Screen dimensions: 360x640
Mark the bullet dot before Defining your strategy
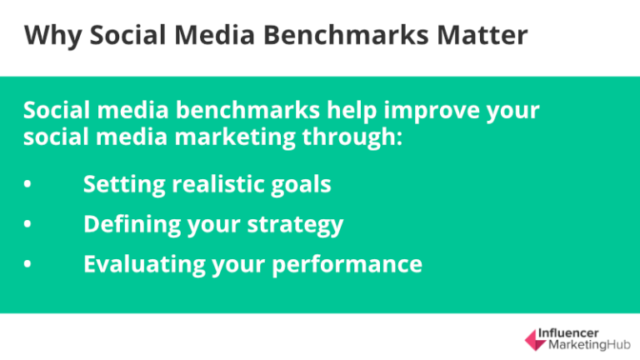pyautogui.click(x=28, y=225)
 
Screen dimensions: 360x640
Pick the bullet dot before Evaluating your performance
pyautogui.click(x=28, y=265)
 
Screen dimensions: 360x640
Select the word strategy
pyautogui.click(x=297, y=225)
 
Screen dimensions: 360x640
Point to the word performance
pyautogui.click(x=352, y=266)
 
